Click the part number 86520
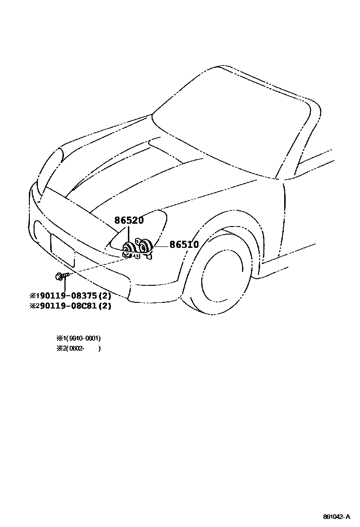129,220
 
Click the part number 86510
184,245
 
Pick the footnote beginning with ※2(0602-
78,348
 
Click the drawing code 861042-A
337,516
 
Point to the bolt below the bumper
60,275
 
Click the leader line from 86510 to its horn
161,245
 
